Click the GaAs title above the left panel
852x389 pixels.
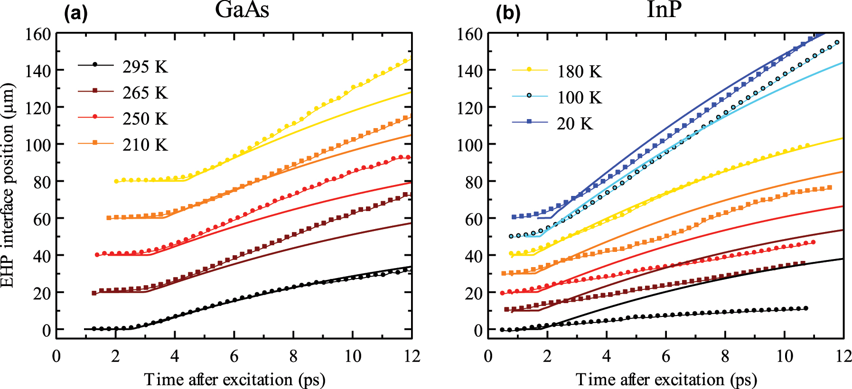point(242,10)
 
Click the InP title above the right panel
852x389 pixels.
point(664,10)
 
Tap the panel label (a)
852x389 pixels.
point(76,14)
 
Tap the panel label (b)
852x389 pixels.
point(508,14)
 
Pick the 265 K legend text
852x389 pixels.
point(145,93)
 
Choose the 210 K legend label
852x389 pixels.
point(145,145)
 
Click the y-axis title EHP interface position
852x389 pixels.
point(8,185)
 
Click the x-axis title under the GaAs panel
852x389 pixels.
point(234,380)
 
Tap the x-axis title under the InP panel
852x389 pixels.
point(666,380)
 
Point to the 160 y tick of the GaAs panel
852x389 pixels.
point(37,34)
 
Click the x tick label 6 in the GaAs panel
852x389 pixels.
point(234,356)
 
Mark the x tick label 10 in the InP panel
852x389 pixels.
point(784,356)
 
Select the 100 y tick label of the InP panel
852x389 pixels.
point(469,145)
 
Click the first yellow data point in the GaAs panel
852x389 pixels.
point(116,181)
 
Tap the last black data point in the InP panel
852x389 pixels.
point(806,308)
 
